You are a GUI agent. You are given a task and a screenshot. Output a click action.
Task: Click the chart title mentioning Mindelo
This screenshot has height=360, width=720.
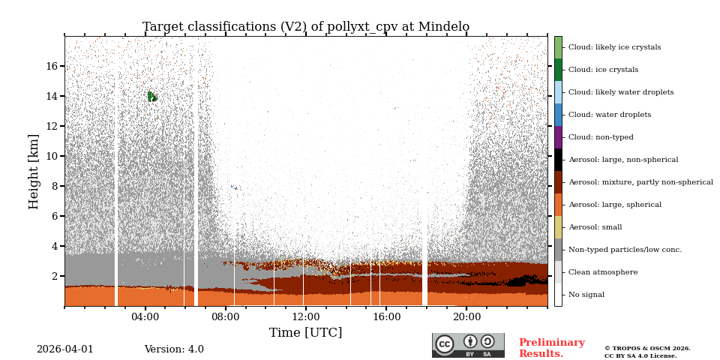(x=306, y=27)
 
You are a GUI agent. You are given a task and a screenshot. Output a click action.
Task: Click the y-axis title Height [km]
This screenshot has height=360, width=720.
(x=34, y=171)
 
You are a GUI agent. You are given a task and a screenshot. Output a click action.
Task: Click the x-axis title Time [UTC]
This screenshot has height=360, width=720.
(x=305, y=332)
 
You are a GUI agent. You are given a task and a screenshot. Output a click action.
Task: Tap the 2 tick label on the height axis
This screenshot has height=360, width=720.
(x=55, y=276)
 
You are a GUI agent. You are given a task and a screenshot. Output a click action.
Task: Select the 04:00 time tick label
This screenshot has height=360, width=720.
(x=145, y=316)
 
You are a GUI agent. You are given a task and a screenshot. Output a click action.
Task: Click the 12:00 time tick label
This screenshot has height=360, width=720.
(x=305, y=316)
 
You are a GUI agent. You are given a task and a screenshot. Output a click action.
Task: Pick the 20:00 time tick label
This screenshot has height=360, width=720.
(x=466, y=316)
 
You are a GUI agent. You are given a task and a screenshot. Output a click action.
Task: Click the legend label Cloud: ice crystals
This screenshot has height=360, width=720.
(x=603, y=70)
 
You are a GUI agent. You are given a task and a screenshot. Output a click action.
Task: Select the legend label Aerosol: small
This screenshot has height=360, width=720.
(x=595, y=227)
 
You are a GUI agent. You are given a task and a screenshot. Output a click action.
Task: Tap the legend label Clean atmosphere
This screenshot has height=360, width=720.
(x=602, y=272)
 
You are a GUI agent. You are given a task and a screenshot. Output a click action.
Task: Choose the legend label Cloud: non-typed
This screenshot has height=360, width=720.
(x=601, y=137)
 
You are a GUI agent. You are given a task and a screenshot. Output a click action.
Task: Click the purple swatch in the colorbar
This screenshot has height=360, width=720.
(x=558, y=137)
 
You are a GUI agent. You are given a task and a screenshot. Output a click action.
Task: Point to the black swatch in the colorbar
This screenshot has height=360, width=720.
(x=558, y=160)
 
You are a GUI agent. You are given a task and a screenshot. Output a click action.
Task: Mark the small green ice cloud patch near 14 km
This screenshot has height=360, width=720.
(x=152, y=96)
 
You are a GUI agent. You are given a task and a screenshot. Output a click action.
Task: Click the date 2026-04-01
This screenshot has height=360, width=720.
(x=65, y=349)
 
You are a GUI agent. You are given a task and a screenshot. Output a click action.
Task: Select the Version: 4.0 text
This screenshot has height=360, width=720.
(x=174, y=349)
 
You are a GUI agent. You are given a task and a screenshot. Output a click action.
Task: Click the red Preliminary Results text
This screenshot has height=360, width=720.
(x=551, y=348)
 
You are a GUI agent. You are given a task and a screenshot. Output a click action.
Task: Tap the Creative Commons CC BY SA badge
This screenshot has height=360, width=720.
(x=468, y=345)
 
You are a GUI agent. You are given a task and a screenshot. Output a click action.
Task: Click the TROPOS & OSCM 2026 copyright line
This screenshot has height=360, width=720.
(x=647, y=349)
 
